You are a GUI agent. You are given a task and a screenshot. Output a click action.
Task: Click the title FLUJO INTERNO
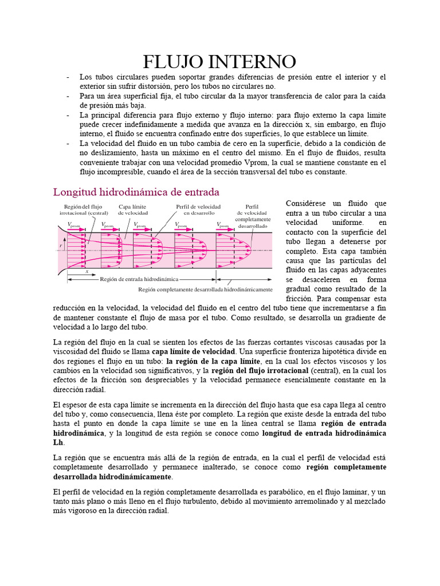[x=219, y=61]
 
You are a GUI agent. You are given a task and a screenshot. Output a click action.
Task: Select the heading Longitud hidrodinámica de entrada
[x=136, y=191]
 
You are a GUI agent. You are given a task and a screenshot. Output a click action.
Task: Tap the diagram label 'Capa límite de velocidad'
[x=133, y=209]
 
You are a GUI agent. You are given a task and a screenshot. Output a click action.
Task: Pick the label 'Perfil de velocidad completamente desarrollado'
[x=252, y=216]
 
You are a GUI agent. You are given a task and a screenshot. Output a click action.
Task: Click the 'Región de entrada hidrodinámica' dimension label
[x=139, y=279]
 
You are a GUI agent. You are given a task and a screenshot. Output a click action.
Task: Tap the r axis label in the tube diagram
[x=60, y=246]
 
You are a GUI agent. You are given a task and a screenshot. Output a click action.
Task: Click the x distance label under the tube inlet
[x=87, y=272]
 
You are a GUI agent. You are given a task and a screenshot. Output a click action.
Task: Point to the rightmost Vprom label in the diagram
[x=223, y=225]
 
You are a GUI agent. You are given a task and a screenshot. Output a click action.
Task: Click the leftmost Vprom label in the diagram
[x=73, y=225]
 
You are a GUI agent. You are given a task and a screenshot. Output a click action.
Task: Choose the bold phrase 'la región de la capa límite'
[x=213, y=361]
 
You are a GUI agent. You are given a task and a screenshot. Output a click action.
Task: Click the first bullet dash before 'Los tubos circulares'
[x=68, y=77]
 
